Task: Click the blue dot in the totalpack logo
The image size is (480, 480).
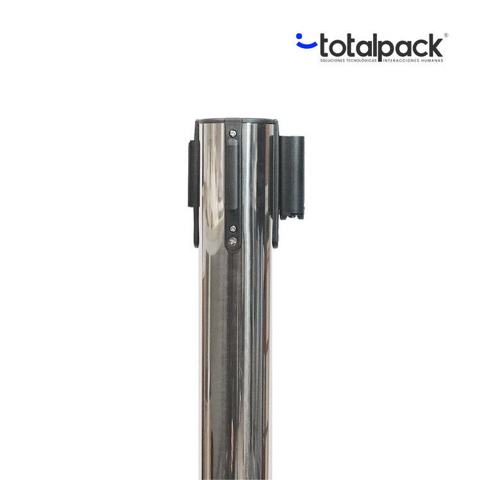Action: coord(299,36)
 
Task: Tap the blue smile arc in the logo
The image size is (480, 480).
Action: coord(307,45)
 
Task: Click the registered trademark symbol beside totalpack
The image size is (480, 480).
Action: coord(445,35)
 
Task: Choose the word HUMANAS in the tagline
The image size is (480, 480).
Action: coord(431,61)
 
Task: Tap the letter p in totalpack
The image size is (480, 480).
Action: coord(387,49)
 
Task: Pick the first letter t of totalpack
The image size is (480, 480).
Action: coord(324,46)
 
